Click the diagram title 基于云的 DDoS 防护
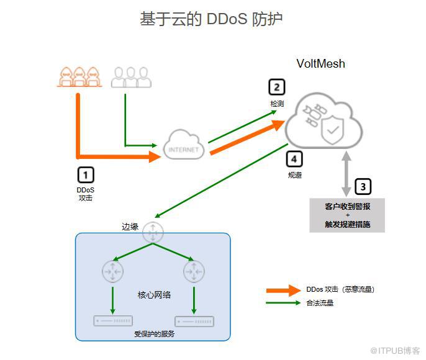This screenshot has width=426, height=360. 211,19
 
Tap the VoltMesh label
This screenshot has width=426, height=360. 320,63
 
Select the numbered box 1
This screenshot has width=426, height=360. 86,174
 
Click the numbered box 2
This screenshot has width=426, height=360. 276,86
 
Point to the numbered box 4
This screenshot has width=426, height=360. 294,159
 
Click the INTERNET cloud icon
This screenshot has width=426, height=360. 184,146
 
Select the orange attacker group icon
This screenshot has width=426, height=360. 79,76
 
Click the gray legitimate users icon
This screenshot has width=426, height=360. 132,76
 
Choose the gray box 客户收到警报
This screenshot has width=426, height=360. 347,215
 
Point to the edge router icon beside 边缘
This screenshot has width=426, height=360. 153,232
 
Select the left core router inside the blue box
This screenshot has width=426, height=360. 112,271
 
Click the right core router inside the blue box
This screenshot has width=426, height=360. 194,271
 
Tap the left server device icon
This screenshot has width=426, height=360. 113,321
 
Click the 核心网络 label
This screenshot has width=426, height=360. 154,294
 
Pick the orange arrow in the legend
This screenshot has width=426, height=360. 284,290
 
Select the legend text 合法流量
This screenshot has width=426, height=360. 320,303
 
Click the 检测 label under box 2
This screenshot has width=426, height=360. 277,104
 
